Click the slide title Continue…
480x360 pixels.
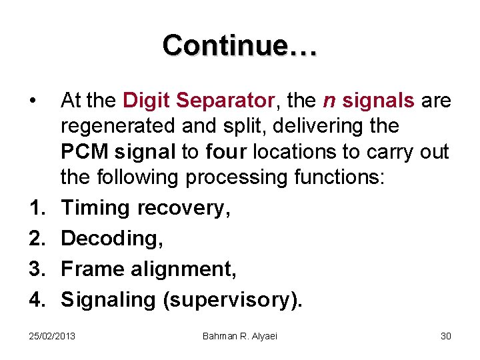click(240, 45)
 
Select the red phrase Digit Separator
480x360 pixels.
click(199, 101)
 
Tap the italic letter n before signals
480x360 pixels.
click(329, 101)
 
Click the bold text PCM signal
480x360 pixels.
click(119, 151)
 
